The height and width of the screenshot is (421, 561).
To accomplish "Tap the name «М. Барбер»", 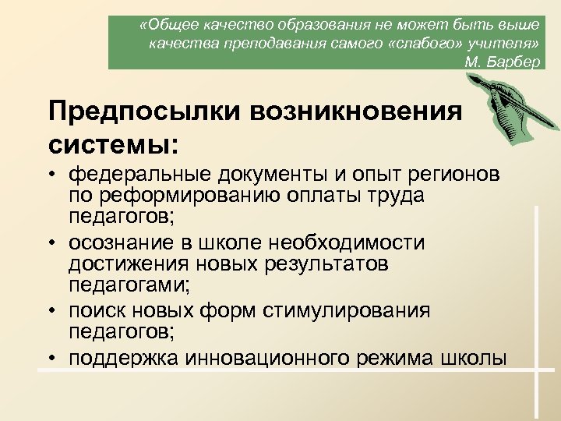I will pos(501,62).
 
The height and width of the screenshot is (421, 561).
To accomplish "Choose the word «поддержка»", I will pos(124,358).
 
